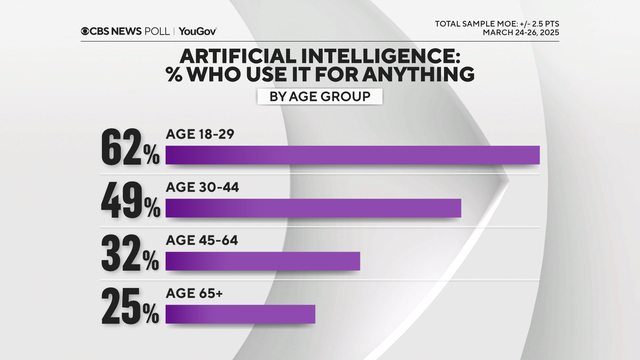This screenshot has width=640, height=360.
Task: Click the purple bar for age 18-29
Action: [352, 154]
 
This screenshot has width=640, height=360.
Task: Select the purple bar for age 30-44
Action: [313, 208]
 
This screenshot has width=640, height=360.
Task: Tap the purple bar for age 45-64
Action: [262, 261]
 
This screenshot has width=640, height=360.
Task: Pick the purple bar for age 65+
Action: [240, 314]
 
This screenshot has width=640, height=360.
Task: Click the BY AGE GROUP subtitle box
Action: [320, 97]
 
